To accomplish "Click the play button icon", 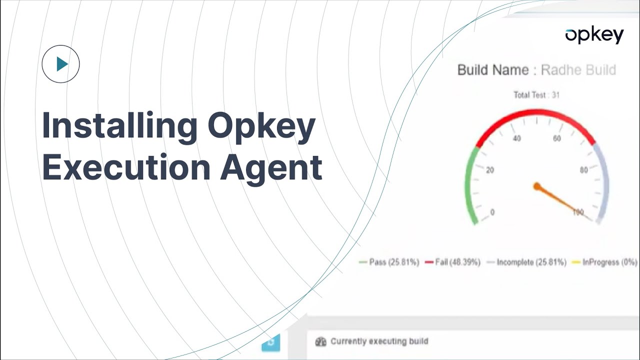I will [x=61, y=64].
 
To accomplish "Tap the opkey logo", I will [x=594, y=35].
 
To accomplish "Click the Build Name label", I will [x=492, y=70].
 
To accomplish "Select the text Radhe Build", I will [x=578, y=70].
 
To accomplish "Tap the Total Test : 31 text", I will [x=536, y=95].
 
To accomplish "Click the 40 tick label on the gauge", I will [x=516, y=138].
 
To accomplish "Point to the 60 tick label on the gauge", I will [x=556, y=138].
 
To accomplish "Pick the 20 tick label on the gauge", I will [x=490, y=170].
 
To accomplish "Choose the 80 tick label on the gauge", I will [x=583, y=170].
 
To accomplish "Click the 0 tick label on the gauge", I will [x=492, y=212].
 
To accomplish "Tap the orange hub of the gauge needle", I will [x=537, y=186].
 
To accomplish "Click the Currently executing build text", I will [x=379, y=341].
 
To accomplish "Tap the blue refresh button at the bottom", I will [x=271, y=342].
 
